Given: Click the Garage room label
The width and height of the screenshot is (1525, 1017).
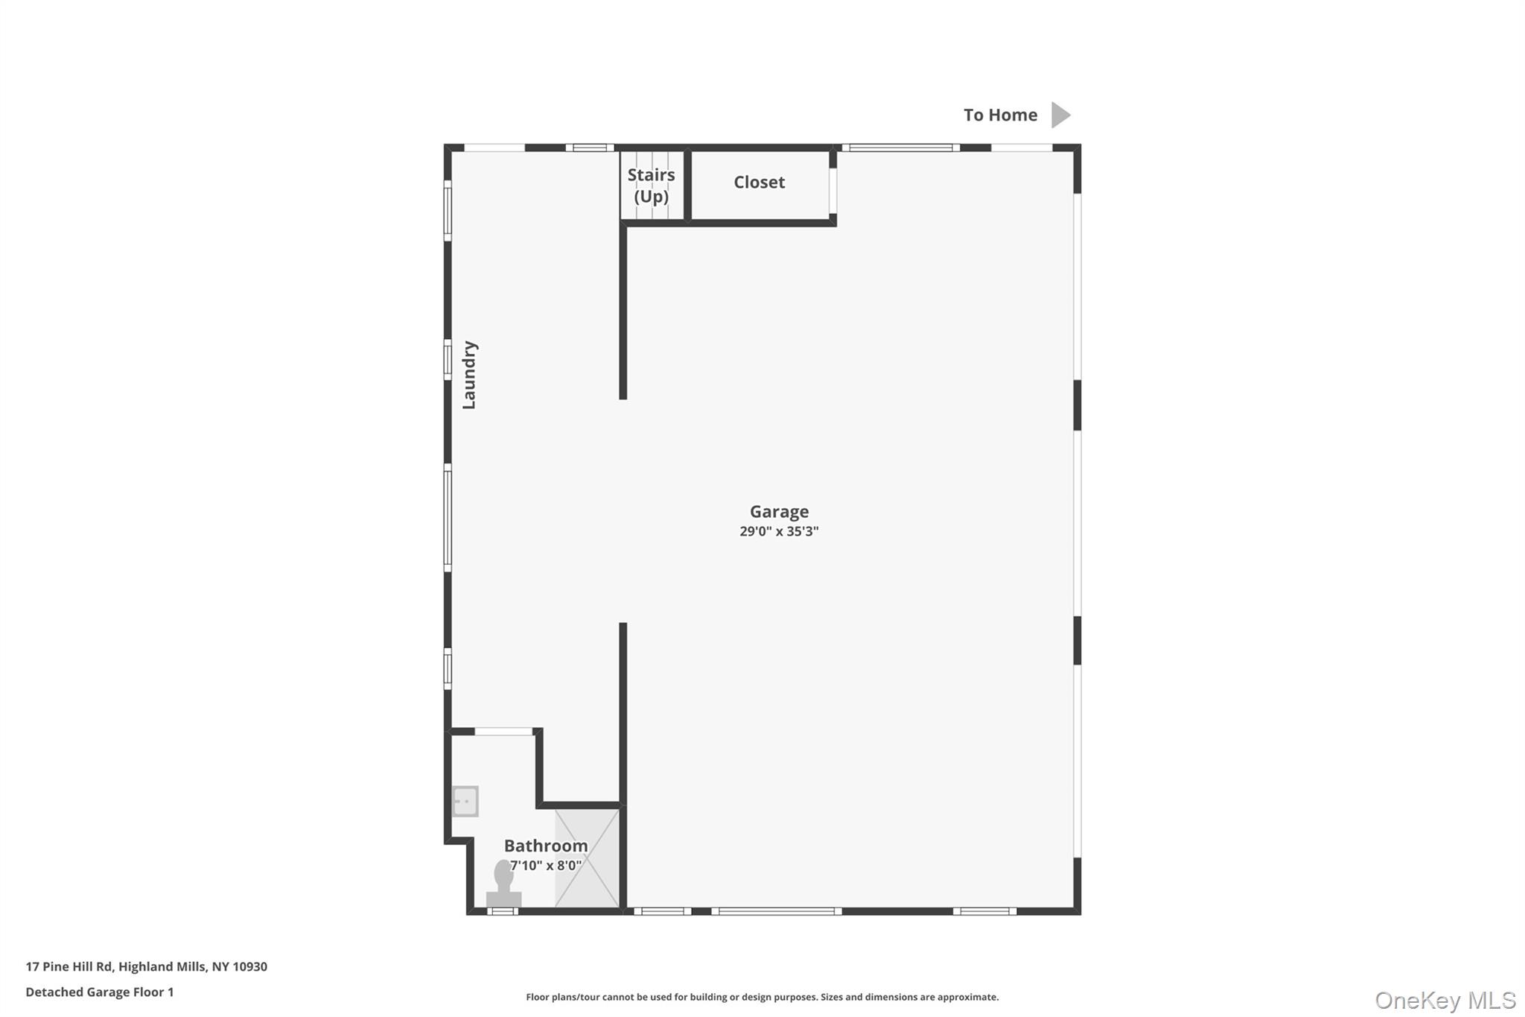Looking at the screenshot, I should point(779,512).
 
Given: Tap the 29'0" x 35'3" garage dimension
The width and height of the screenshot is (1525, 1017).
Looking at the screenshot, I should point(779,531).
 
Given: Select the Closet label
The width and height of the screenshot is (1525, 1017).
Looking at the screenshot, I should point(759,183).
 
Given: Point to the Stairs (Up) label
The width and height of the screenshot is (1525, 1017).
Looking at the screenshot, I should point(651,186).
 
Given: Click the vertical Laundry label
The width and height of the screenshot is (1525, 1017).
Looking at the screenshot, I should point(469,375).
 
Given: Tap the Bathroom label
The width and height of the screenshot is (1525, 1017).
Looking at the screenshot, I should point(546,846).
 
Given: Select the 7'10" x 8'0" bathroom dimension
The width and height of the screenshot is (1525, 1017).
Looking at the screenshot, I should point(546,866).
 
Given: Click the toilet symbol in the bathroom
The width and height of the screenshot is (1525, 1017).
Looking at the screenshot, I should point(504,884).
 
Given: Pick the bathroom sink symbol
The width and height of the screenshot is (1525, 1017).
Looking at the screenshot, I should point(465,802).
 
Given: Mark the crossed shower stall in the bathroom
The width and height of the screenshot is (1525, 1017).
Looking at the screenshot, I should point(588,858).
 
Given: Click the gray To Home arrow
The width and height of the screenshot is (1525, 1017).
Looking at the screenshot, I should point(1060,115).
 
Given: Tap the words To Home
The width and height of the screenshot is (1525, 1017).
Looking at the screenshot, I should point(1000,115).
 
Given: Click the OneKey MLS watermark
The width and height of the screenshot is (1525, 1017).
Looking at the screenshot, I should point(1445,1000).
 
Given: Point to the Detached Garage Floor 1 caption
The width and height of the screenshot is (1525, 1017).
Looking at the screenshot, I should point(100,992).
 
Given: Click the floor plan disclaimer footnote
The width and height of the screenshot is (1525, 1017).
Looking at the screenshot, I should point(762,997).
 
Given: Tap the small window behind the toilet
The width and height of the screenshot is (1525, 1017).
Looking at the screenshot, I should point(503,911).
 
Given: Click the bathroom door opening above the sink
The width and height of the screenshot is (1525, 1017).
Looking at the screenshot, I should point(504,732).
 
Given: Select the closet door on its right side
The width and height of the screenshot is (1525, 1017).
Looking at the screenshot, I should point(832,191).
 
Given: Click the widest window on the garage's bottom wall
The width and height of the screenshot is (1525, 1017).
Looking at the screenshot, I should point(776,911).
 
